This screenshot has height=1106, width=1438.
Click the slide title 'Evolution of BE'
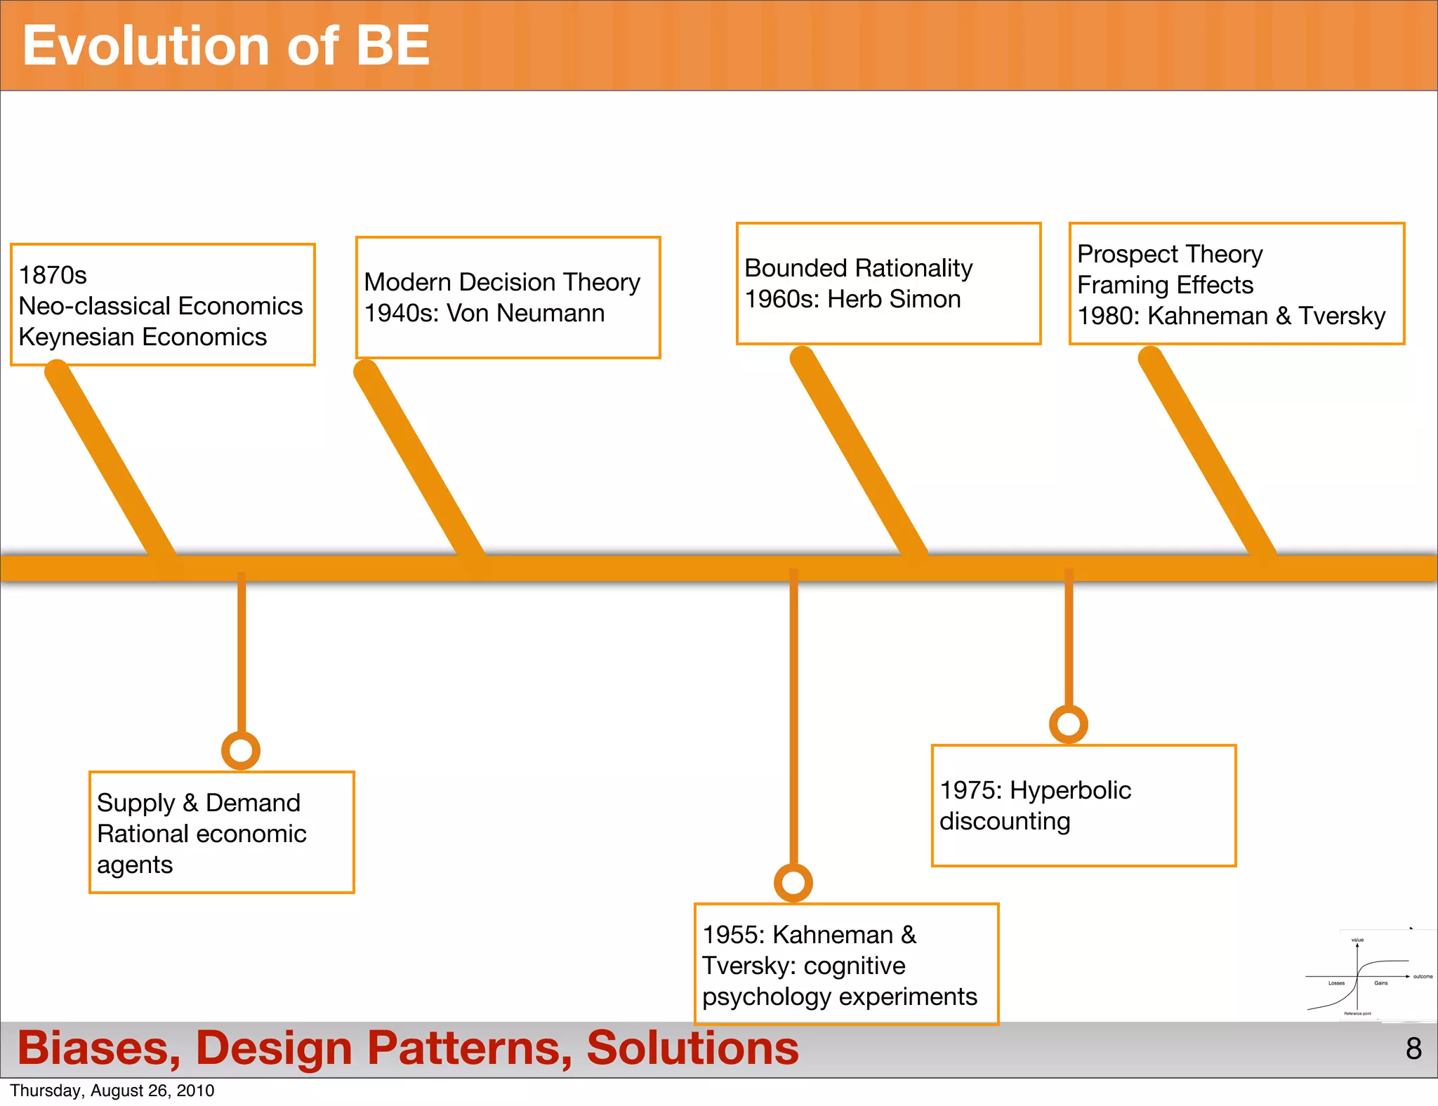tap(225, 46)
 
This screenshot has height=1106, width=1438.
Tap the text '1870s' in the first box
tap(53, 275)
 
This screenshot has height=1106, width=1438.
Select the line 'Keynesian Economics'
tap(143, 337)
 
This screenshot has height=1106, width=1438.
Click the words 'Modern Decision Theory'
tap(502, 282)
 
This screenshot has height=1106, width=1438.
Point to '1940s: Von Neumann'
tap(484, 313)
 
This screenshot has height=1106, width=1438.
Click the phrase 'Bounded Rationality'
tap(858, 268)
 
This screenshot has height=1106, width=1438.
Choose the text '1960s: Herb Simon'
tap(852, 299)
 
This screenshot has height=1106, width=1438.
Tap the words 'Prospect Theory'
tap(1170, 254)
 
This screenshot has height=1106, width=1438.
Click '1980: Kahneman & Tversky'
tap(1231, 316)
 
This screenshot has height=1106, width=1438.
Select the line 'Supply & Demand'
tap(199, 803)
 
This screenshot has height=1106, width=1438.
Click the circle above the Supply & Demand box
tap(241, 750)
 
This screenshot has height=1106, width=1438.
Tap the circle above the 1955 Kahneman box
tap(793, 882)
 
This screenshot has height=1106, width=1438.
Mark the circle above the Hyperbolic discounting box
tap(1069, 724)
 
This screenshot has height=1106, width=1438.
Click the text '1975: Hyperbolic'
tap(1035, 790)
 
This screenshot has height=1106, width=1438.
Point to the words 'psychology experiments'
tap(840, 997)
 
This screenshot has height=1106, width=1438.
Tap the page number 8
tap(1413, 1048)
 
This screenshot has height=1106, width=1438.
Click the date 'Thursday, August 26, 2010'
tap(112, 1091)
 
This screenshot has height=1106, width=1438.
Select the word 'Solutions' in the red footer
tap(692, 1048)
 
